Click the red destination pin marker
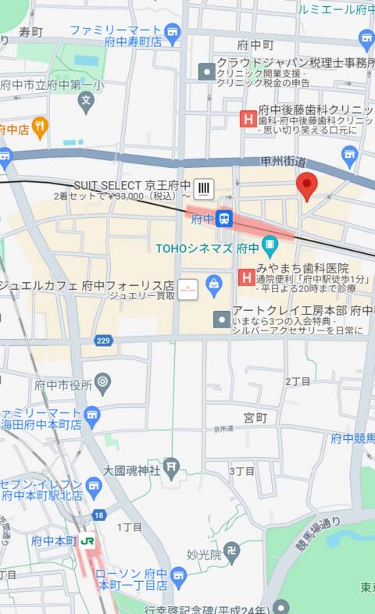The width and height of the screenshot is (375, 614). point(307,185)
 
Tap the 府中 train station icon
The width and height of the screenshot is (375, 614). point(224,219)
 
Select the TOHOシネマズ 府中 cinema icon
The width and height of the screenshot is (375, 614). point(270,248)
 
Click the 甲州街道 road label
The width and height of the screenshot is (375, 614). point(283,161)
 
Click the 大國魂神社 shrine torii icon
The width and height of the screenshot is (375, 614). point(171,469)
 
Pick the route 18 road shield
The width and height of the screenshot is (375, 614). point(98,516)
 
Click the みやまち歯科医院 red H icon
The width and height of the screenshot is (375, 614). point(245,276)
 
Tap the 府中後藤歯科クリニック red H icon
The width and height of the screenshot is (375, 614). point(247,119)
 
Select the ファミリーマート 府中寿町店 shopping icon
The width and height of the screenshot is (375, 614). point(172,31)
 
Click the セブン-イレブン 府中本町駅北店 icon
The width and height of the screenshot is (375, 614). point(94,488)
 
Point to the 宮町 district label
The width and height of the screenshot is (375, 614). point(255,418)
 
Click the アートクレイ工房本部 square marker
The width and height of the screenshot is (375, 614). point(222,319)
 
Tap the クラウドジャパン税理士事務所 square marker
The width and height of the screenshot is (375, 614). point(206,71)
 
